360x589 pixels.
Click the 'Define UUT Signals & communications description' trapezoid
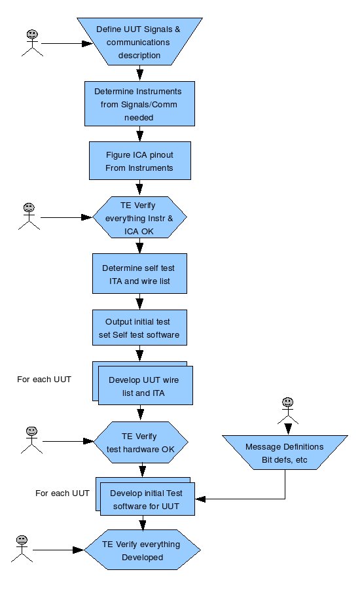(x=139, y=41)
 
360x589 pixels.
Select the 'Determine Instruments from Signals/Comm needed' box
(x=139, y=103)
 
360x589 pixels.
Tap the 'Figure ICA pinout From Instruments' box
(x=140, y=161)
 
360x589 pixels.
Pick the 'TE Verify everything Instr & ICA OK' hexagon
(x=139, y=217)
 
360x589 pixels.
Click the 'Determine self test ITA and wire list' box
(x=139, y=274)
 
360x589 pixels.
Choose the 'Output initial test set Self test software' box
(x=139, y=328)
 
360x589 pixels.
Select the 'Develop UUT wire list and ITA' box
(x=143, y=384)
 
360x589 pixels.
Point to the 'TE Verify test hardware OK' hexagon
(x=141, y=442)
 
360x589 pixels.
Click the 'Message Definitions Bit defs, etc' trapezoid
(x=285, y=453)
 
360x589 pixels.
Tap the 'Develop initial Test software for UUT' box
(x=145, y=497)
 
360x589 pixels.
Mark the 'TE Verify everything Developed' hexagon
(x=142, y=550)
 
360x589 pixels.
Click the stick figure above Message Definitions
(x=288, y=411)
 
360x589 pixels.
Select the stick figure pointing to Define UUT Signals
(x=32, y=43)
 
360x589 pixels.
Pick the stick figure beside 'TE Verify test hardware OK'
(x=31, y=440)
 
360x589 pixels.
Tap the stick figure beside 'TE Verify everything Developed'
(x=22, y=549)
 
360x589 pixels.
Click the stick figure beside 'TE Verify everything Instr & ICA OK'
(x=29, y=217)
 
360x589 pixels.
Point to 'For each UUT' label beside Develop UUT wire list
(x=44, y=380)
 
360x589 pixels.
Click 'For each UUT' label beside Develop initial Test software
(x=62, y=493)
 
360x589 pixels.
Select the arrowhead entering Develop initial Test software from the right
(x=200, y=499)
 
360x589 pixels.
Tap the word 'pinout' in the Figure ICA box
(x=161, y=154)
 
